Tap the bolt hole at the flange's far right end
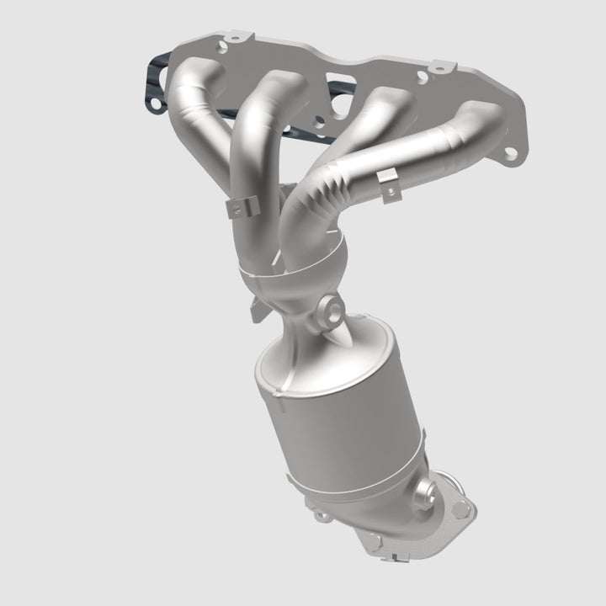[508, 152]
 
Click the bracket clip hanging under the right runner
[388, 186]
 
